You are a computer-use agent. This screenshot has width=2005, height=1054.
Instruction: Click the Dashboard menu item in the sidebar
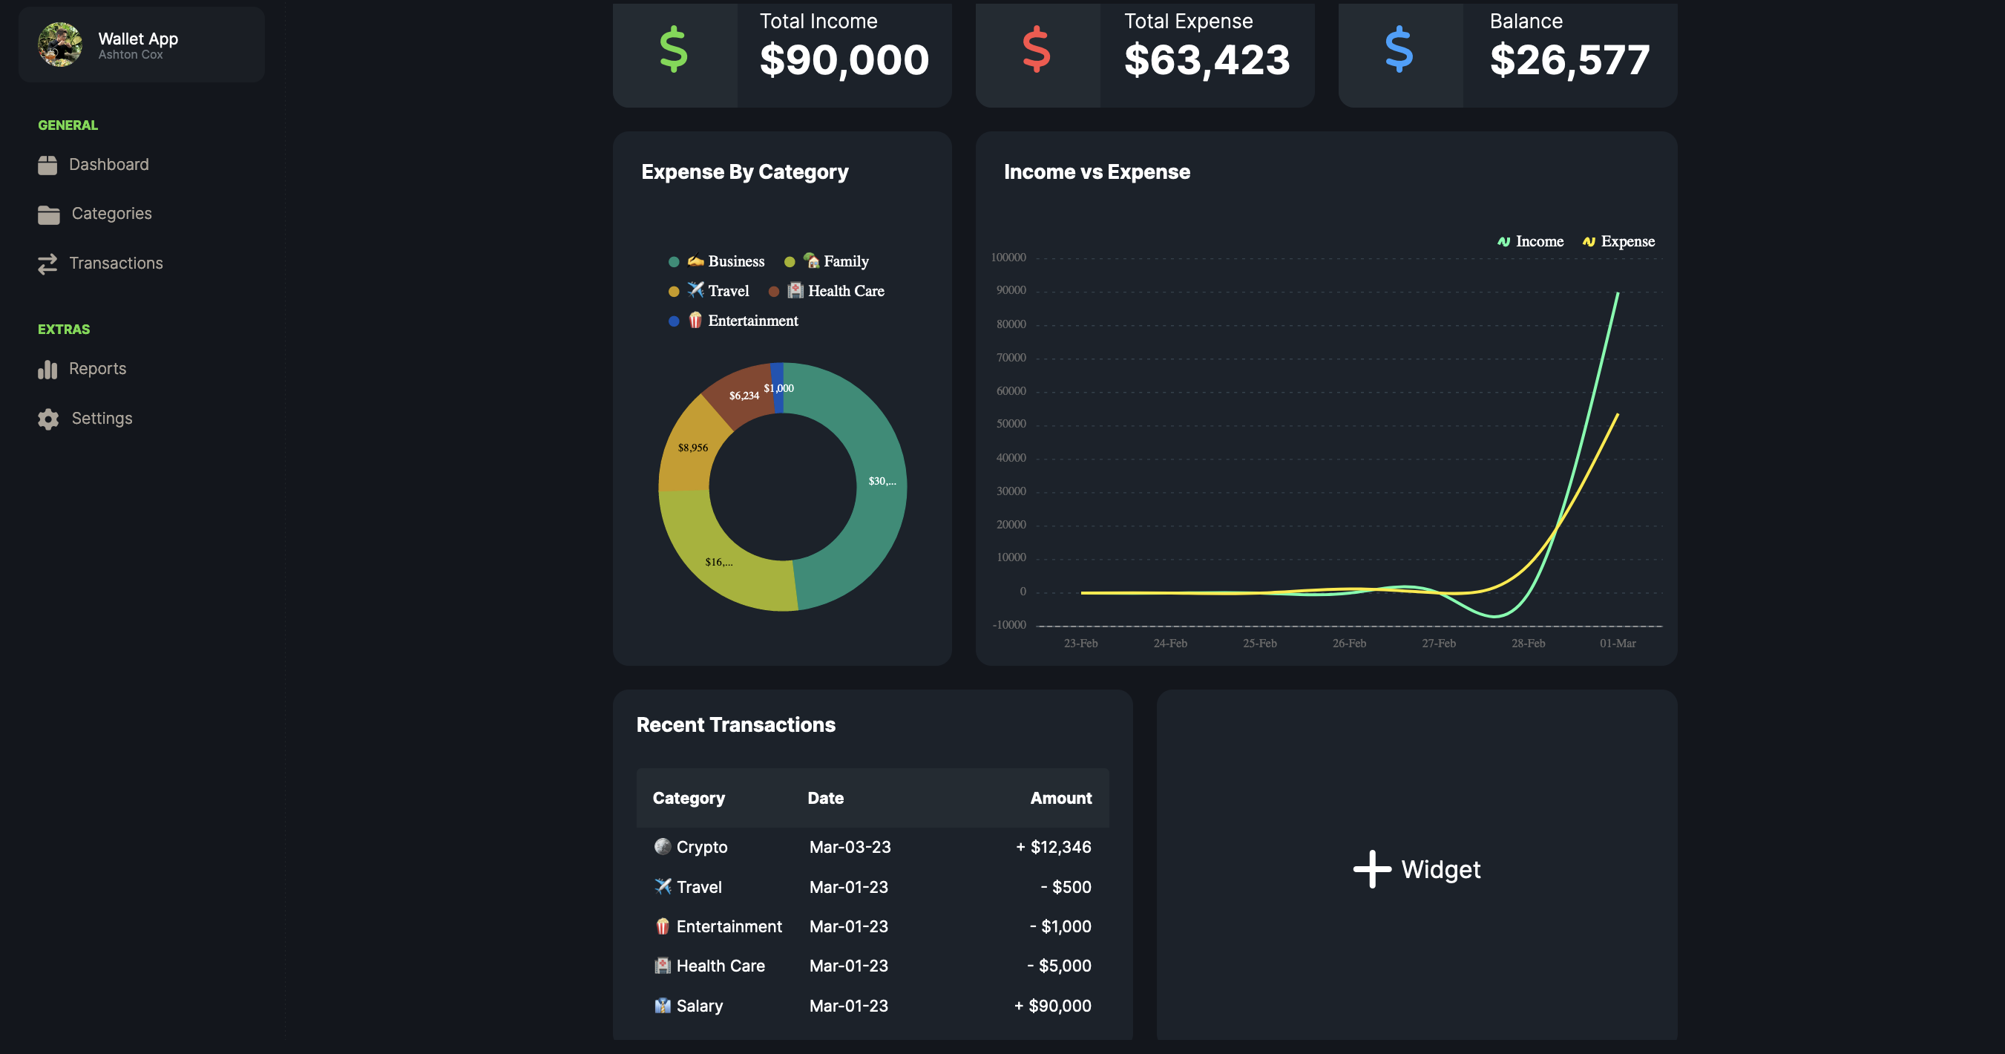(x=108, y=164)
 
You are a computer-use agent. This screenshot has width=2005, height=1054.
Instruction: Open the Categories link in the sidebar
(x=111, y=213)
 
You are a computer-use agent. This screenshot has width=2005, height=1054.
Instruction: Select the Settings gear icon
(x=48, y=419)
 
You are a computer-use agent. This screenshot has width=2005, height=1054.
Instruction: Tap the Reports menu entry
(x=96, y=369)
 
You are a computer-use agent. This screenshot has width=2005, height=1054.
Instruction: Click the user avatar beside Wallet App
(x=60, y=45)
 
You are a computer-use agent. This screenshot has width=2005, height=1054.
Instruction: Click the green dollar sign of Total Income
(x=673, y=50)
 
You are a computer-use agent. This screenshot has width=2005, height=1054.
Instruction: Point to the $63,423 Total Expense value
(x=1207, y=60)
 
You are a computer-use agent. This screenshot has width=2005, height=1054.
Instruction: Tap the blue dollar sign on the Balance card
(x=1399, y=50)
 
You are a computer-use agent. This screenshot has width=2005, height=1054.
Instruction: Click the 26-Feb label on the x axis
(x=1349, y=643)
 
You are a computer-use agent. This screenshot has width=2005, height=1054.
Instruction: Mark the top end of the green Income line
(x=1618, y=293)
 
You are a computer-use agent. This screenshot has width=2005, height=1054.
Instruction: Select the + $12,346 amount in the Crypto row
(x=1053, y=847)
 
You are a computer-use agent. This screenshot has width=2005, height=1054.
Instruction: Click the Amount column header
(x=1060, y=798)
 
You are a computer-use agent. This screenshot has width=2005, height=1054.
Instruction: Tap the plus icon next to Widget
(x=1371, y=868)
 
